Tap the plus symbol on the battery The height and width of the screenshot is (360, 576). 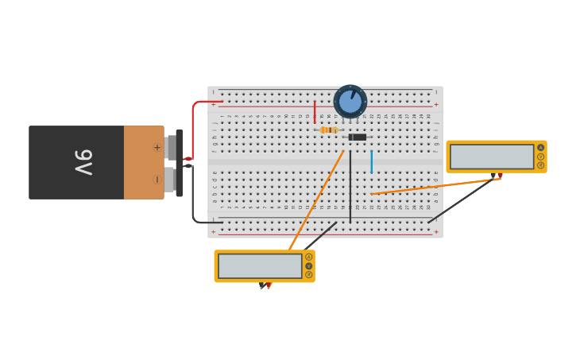pos(157,147)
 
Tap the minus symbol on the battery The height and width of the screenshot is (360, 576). pos(157,179)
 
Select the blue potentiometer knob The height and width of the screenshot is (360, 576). pos(350,102)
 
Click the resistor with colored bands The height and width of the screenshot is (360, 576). pos(329,130)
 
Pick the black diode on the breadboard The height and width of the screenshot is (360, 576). pos(358,137)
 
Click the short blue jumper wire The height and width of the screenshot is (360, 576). pos(371,161)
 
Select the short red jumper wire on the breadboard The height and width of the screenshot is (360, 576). pos(315,111)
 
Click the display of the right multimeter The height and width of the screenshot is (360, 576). pos(492,157)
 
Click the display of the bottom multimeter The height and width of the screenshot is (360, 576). pos(260,266)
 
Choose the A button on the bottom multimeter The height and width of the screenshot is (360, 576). pos(309,257)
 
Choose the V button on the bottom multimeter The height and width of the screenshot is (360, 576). pos(309,266)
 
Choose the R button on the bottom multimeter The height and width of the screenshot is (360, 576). pos(309,275)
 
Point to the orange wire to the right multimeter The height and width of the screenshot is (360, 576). pos(433,186)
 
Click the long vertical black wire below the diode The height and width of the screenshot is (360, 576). pos(350,187)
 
